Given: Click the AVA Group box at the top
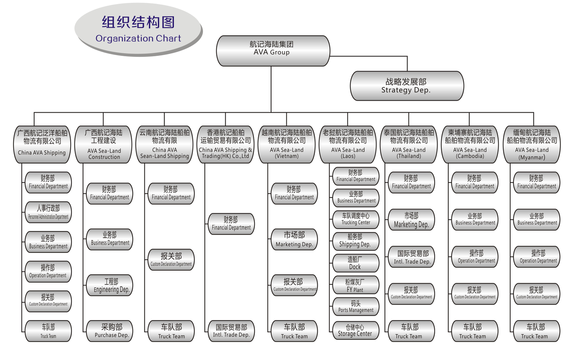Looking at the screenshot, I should [273, 51].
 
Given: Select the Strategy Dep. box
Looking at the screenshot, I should [406, 86].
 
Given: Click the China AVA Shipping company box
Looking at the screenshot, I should [42, 145].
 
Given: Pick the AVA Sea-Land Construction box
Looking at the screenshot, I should [103, 145].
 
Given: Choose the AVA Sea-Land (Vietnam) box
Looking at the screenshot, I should [287, 145].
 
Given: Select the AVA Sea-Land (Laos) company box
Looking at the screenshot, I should [348, 145].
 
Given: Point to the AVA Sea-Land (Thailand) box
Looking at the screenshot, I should [409, 145].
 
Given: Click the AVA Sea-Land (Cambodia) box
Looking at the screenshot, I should [470, 145].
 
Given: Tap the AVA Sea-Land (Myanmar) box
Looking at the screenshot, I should [532, 145].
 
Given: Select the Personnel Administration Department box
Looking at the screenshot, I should [48, 212].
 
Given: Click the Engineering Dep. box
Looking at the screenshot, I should [110, 285].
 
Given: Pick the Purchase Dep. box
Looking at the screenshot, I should [110, 331].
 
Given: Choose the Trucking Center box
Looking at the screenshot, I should [356, 219].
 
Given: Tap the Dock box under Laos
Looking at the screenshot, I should [356, 263].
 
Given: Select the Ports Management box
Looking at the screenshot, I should [356, 306].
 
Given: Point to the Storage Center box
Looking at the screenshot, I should [356, 330].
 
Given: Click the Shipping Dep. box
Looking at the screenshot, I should [356, 241].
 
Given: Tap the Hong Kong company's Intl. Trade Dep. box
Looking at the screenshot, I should [231, 331].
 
